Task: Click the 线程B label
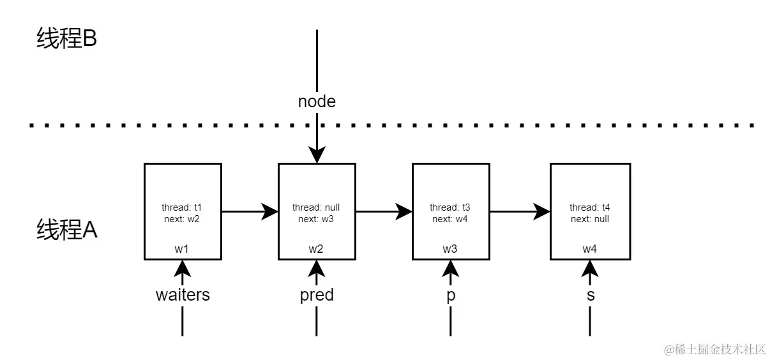(66, 40)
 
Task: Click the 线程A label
(66, 230)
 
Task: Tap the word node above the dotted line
(317, 101)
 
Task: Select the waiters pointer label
(183, 295)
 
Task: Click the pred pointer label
(317, 295)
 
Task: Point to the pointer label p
(450, 296)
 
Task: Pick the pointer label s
(590, 296)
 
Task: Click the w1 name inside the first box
(182, 249)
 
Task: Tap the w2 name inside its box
(316, 249)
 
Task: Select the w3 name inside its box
(450, 249)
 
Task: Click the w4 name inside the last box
(590, 249)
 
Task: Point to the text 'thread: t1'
(182, 207)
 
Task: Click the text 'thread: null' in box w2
(316, 207)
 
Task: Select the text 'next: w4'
(450, 219)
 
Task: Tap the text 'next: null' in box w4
(590, 219)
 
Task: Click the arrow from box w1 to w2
(250, 212)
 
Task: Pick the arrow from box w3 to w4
(520, 212)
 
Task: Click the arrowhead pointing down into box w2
(317, 155)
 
